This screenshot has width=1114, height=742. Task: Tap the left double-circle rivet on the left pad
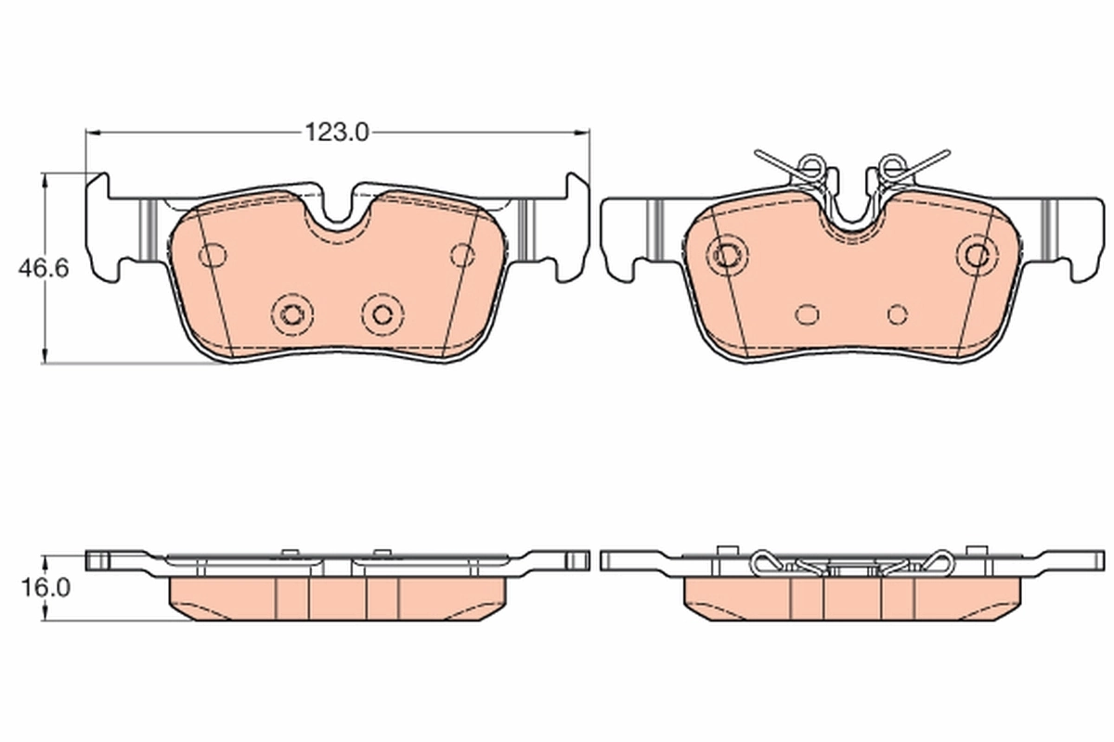[x=292, y=313]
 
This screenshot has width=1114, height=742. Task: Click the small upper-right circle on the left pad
[x=461, y=253]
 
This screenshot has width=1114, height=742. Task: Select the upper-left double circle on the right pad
[x=726, y=252]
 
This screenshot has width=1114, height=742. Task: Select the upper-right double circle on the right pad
[x=977, y=252]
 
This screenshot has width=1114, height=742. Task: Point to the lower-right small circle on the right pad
[x=896, y=313]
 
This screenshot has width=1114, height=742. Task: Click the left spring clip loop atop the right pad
[x=810, y=166]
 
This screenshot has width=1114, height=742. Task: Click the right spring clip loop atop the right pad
[x=891, y=166]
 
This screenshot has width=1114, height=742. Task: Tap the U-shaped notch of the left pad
[x=338, y=211]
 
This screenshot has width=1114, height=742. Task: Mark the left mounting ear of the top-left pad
[x=104, y=227]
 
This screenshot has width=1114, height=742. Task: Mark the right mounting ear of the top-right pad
[x=1082, y=232]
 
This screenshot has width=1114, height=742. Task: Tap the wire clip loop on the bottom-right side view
[x=767, y=561]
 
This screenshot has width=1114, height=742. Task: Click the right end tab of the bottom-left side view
[x=576, y=559]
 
